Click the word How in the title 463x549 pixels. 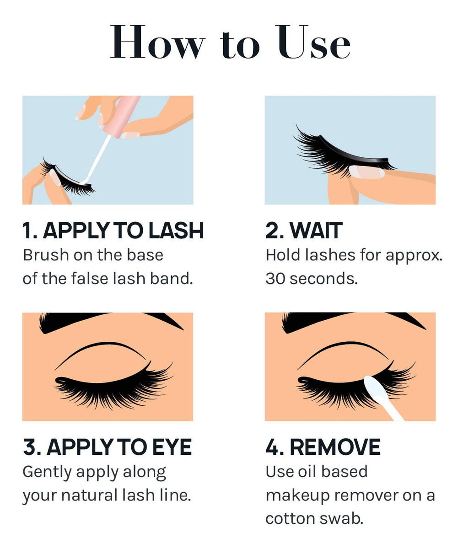pyautogui.click(x=157, y=42)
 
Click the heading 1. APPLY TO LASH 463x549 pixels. pyautogui.click(x=113, y=231)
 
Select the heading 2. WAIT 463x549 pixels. pyautogui.click(x=304, y=231)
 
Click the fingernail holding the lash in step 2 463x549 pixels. pyautogui.click(x=367, y=172)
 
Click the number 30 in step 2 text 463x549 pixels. pyautogui.click(x=275, y=279)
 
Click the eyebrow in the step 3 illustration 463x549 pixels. pyautogui.click(x=110, y=322)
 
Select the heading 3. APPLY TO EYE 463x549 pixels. pyautogui.click(x=107, y=447)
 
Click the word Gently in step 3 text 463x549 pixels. pyautogui.click(x=47, y=473)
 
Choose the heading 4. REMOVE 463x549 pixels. pyautogui.click(x=323, y=447)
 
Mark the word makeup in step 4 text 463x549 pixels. pyautogui.click(x=297, y=496)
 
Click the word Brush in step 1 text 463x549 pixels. pyautogui.click(x=46, y=255)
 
